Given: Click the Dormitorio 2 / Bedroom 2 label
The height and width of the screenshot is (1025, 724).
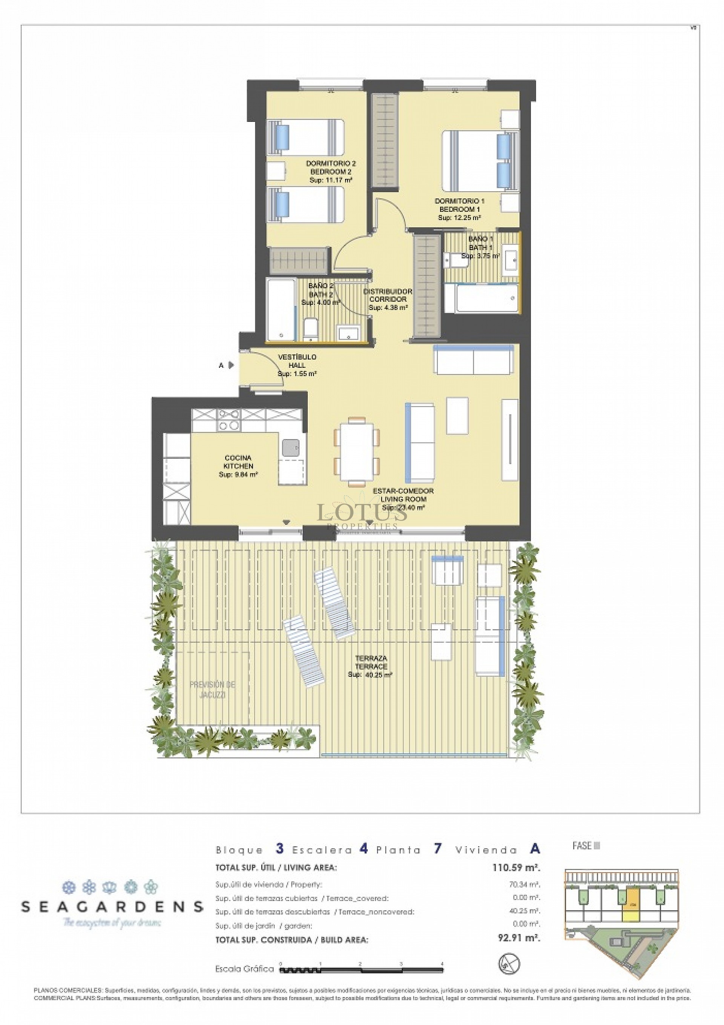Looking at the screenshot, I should click(331, 171).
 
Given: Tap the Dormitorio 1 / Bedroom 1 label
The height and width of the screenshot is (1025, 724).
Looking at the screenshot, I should click(459, 209).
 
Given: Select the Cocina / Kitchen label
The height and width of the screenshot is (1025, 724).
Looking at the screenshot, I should click(238, 466).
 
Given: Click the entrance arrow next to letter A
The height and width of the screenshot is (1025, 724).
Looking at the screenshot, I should click(231, 365).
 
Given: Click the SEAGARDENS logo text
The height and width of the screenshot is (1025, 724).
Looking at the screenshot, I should click(112, 906).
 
